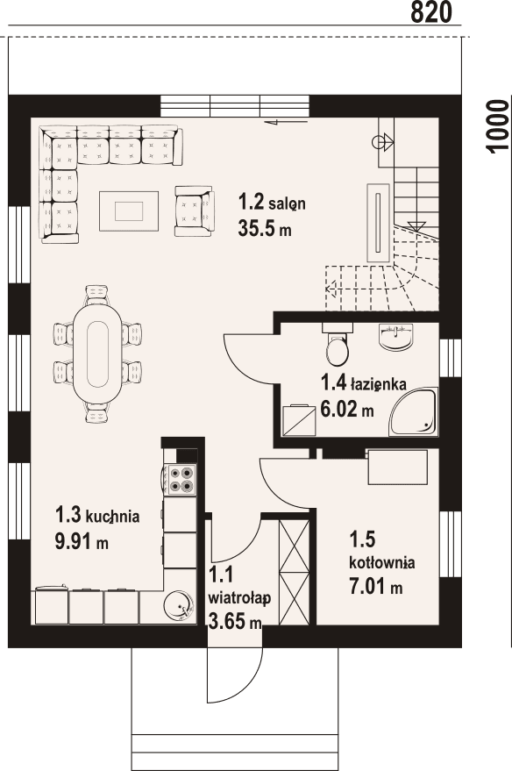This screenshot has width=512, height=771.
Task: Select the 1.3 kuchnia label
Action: pyautogui.click(x=96, y=516)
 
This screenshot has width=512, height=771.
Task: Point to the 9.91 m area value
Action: pyautogui.click(x=82, y=541)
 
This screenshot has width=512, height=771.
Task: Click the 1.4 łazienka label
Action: pyautogui.click(x=362, y=382)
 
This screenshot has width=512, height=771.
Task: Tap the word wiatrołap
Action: pyautogui.click(x=238, y=597)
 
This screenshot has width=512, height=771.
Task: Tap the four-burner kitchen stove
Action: pyautogui.click(x=181, y=479)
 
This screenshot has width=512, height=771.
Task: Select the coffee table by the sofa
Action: pyautogui.click(x=128, y=211)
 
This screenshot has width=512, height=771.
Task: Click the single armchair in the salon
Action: pyautogui.click(x=193, y=210)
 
